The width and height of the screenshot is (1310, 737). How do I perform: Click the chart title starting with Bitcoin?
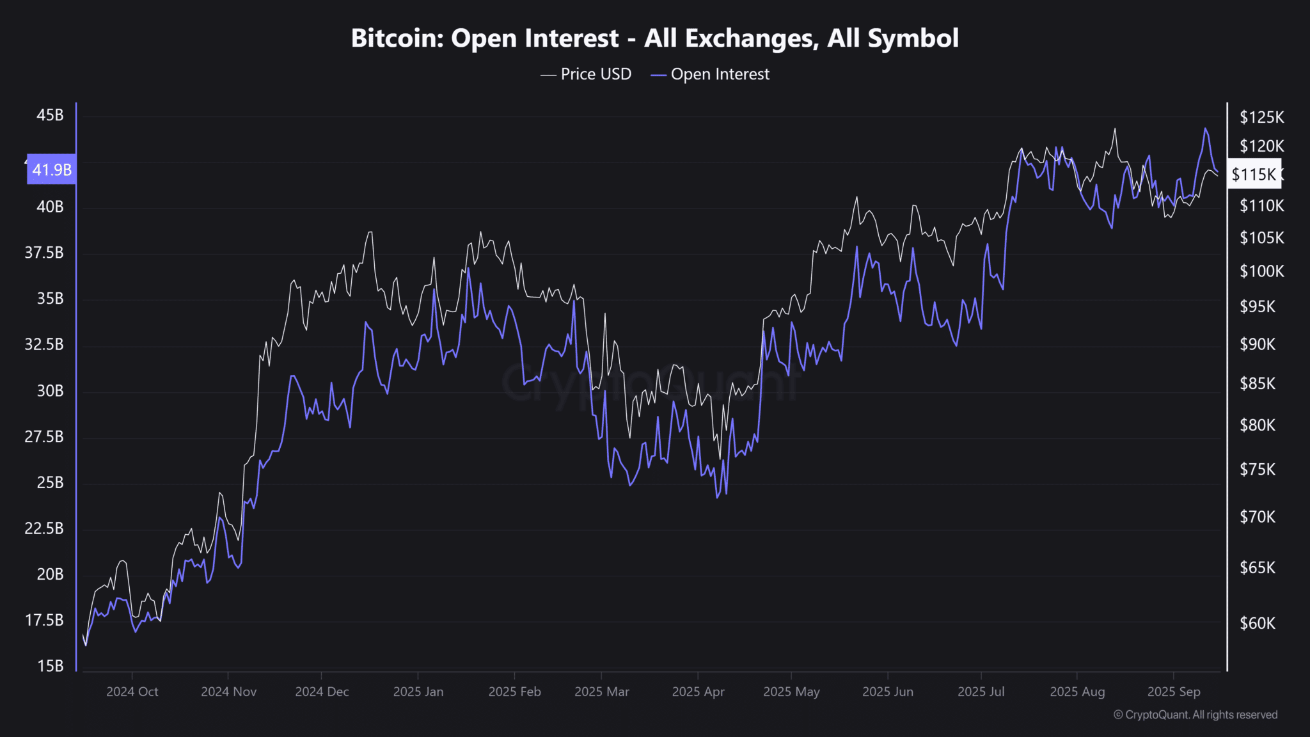pos(654,38)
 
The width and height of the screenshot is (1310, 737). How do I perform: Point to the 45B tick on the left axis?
pos(50,115)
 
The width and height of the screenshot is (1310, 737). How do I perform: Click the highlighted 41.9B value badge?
pos(52,170)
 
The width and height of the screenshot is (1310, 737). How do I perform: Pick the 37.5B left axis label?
pos(44,253)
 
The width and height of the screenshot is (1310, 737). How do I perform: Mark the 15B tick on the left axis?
pos(50,666)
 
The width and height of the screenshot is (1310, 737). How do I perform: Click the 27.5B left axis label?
pos(44,436)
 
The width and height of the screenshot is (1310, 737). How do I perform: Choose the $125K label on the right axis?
pos(1261,117)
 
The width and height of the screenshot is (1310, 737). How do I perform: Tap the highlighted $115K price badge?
pos(1254,174)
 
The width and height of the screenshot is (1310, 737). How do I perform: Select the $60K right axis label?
pos(1257,623)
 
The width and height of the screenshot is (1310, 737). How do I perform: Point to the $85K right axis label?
pos(1257,384)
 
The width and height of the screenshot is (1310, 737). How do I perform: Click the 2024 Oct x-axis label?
pos(132,692)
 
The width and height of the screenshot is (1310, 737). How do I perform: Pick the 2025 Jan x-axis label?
pos(418,692)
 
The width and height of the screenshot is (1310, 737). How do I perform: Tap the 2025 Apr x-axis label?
pos(698,692)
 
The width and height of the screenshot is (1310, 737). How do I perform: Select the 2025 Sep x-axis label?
pos(1173,692)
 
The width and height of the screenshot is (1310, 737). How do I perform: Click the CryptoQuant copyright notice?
pos(1195,715)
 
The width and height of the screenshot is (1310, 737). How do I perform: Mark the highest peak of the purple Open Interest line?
pos(1205,129)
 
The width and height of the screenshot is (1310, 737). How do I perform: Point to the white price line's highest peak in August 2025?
pos(1114,129)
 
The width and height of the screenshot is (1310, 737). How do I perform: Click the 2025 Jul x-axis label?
pos(981,692)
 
